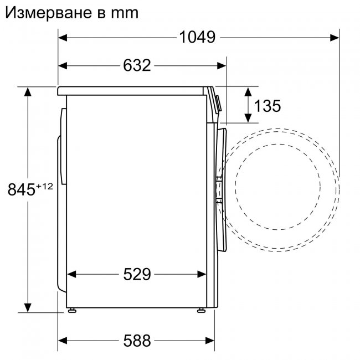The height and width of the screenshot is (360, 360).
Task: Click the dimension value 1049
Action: pos(197,38)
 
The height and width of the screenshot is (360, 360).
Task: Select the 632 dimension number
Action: pos(137,66)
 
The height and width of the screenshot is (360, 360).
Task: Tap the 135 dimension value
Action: pos(268,105)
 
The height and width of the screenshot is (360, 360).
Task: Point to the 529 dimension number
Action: pos(137,274)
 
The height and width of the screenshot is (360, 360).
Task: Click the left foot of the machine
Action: pos(72,311)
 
